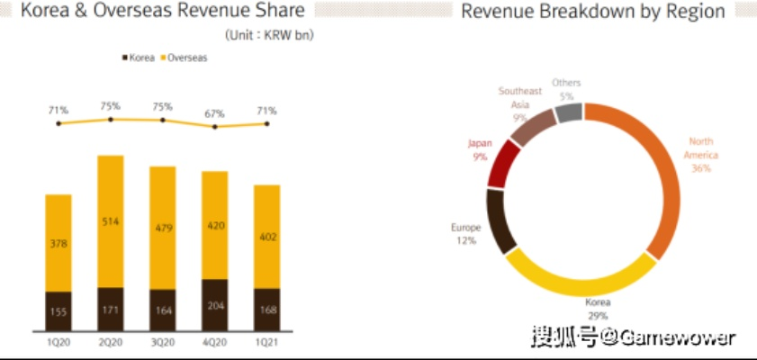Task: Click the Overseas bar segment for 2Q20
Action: pos(111,220)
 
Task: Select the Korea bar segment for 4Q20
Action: pos(214,303)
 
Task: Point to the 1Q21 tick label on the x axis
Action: pos(267,343)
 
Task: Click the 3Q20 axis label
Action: pos(163,343)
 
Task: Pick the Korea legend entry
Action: pos(138,58)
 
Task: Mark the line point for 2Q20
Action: pos(111,119)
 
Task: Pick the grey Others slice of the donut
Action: pos(567,112)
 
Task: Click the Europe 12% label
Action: pos(466,233)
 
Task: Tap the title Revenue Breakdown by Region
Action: pos(592,12)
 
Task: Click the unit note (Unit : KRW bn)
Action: pos(269,34)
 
